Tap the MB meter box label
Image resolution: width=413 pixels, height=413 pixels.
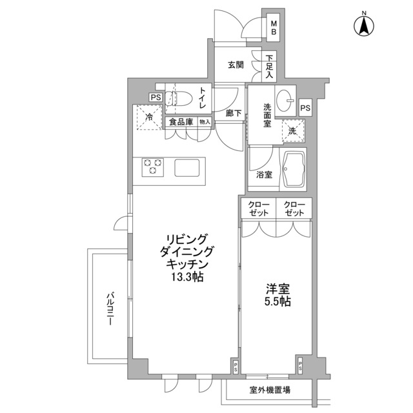tap(273, 26)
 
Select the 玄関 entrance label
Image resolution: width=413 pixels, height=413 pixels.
tap(236, 65)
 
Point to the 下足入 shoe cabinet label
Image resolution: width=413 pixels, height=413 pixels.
tap(268, 66)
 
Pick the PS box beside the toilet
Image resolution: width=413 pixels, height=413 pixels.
tap(155, 97)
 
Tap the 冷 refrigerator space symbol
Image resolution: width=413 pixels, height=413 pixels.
tap(149, 117)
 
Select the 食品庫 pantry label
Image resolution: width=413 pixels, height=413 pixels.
tap(181, 121)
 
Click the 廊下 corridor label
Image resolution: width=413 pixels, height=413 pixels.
tap(233, 112)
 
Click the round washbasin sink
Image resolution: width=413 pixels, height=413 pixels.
tap(285, 100)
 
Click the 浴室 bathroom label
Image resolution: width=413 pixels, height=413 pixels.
tap(263, 175)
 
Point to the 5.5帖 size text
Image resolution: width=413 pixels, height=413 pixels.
tap(276, 301)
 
